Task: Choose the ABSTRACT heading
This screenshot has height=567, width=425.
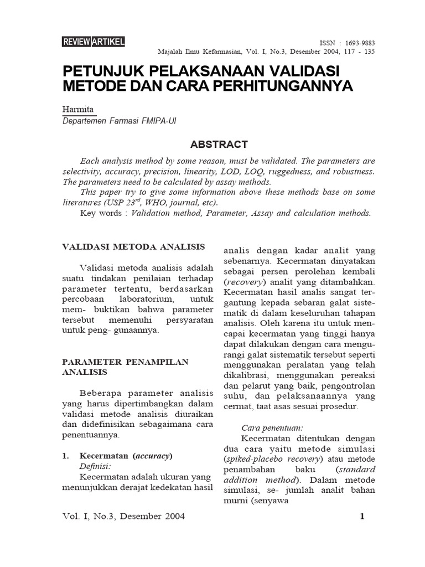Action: [x=219, y=145]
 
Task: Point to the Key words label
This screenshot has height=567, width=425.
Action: [x=103, y=213]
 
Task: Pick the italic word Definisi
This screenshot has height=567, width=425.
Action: [x=95, y=466]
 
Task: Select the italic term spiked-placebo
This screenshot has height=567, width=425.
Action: [x=254, y=460]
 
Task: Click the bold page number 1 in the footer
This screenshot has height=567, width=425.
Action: [x=362, y=517]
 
